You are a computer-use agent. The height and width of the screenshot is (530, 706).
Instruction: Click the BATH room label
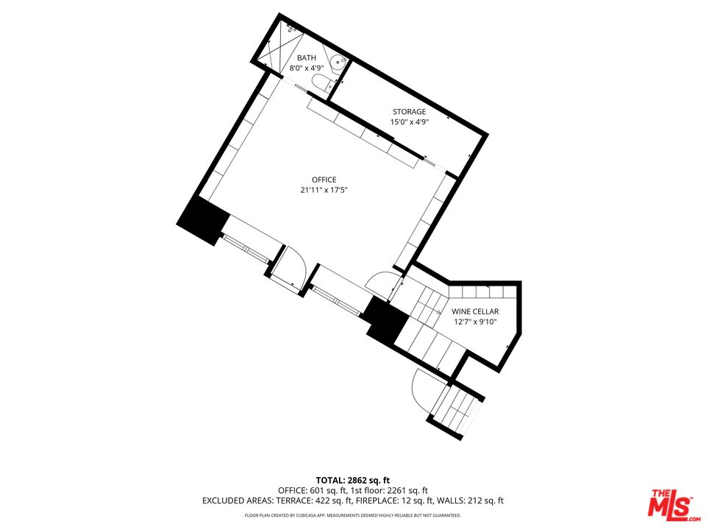point(307,57)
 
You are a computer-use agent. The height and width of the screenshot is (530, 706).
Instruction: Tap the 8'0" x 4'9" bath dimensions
point(307,68)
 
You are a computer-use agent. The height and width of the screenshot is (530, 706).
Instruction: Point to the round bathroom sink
point(337,62)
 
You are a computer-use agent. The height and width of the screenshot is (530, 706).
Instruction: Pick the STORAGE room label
point(409,112)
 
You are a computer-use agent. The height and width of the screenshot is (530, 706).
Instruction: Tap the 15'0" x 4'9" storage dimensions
point(409,122)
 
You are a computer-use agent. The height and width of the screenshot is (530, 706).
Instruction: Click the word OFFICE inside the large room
point(324,180)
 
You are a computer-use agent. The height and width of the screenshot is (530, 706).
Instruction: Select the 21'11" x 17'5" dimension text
point(324,190)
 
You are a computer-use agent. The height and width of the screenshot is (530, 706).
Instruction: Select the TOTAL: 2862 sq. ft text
point(352,478)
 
